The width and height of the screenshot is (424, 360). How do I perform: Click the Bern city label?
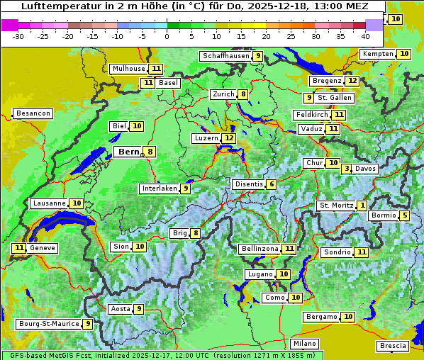(128, 152)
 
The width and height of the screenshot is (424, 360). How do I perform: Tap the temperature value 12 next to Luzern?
(228, 138)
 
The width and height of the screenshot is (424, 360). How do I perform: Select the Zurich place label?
(222, 94)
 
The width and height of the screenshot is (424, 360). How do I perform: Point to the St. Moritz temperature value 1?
(362, 206)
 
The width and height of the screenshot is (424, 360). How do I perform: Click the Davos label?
(366, 169)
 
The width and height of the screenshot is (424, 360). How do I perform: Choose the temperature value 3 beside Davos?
(347, 169)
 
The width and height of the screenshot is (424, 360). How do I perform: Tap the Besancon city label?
(33, 113)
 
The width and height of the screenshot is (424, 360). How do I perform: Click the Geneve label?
(43, 248)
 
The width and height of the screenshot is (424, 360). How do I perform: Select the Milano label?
(305, 344)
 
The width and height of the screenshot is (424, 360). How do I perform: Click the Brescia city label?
(393, 346)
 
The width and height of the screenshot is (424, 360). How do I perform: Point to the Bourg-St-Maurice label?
(48, 324)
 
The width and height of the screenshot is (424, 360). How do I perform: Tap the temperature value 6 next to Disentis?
(271, 184)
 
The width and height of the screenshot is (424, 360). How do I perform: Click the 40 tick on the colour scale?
(365, 35)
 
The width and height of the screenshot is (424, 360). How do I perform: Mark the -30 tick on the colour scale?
(18, 35)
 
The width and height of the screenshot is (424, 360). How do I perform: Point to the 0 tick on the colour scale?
(167, 35)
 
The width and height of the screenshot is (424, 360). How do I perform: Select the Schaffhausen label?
(226, 56)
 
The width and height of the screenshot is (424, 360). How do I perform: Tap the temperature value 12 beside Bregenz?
(352, 81)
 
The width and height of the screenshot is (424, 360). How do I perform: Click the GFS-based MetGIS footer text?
(43, 355)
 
